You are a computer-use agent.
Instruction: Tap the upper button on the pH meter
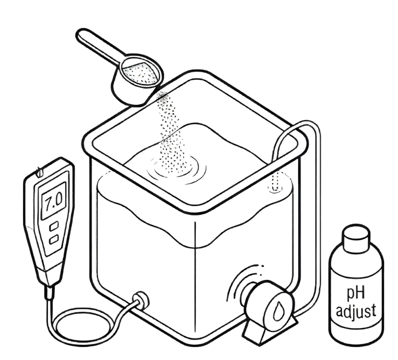tap(54, 226)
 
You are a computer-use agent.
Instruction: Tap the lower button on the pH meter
tap(54, 240)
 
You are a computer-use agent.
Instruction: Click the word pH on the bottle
tap(356, 293)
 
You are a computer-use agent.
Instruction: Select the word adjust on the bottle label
tap(356, 312)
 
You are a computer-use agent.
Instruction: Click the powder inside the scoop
tap(140, 73)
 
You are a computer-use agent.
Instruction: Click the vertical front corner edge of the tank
tap(195, 276)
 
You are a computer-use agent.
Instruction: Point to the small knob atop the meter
tap(39, 172)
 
